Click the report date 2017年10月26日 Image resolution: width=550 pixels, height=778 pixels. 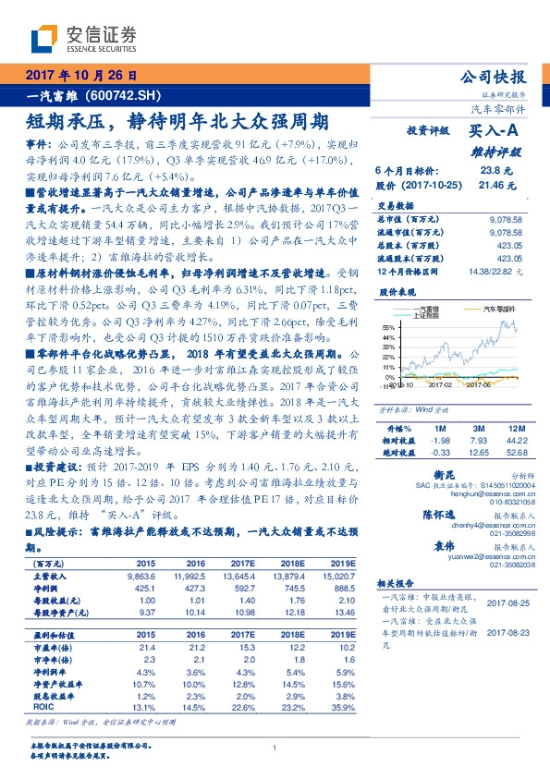81,75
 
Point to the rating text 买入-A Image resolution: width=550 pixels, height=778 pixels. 498,131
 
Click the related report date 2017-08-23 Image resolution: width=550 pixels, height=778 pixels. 507,633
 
